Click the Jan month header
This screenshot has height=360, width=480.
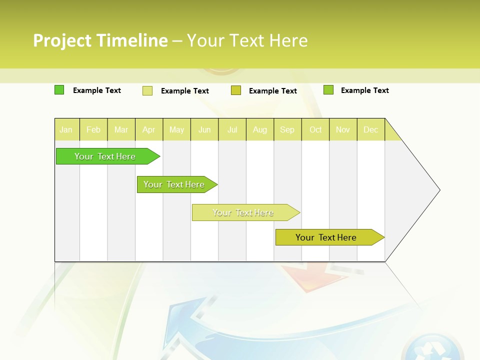coord(66,129)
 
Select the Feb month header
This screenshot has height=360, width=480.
coord(93,129)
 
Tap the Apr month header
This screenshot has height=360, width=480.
coord(148,129)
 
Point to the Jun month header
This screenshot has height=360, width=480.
coord(204,129)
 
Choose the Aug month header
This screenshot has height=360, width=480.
coord(259,129)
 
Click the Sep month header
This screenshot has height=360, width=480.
coord(287,129)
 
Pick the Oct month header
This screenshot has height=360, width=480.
coord(315,129)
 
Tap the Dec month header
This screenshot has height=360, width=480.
coord(370,129)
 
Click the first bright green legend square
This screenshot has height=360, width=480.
coord(59,90)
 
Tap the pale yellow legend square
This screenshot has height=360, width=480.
coord(147,90)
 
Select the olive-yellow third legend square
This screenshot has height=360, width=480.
coord(236,90)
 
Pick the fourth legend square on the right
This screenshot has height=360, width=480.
coord(328,90)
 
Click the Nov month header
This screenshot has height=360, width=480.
coord(342,129)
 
